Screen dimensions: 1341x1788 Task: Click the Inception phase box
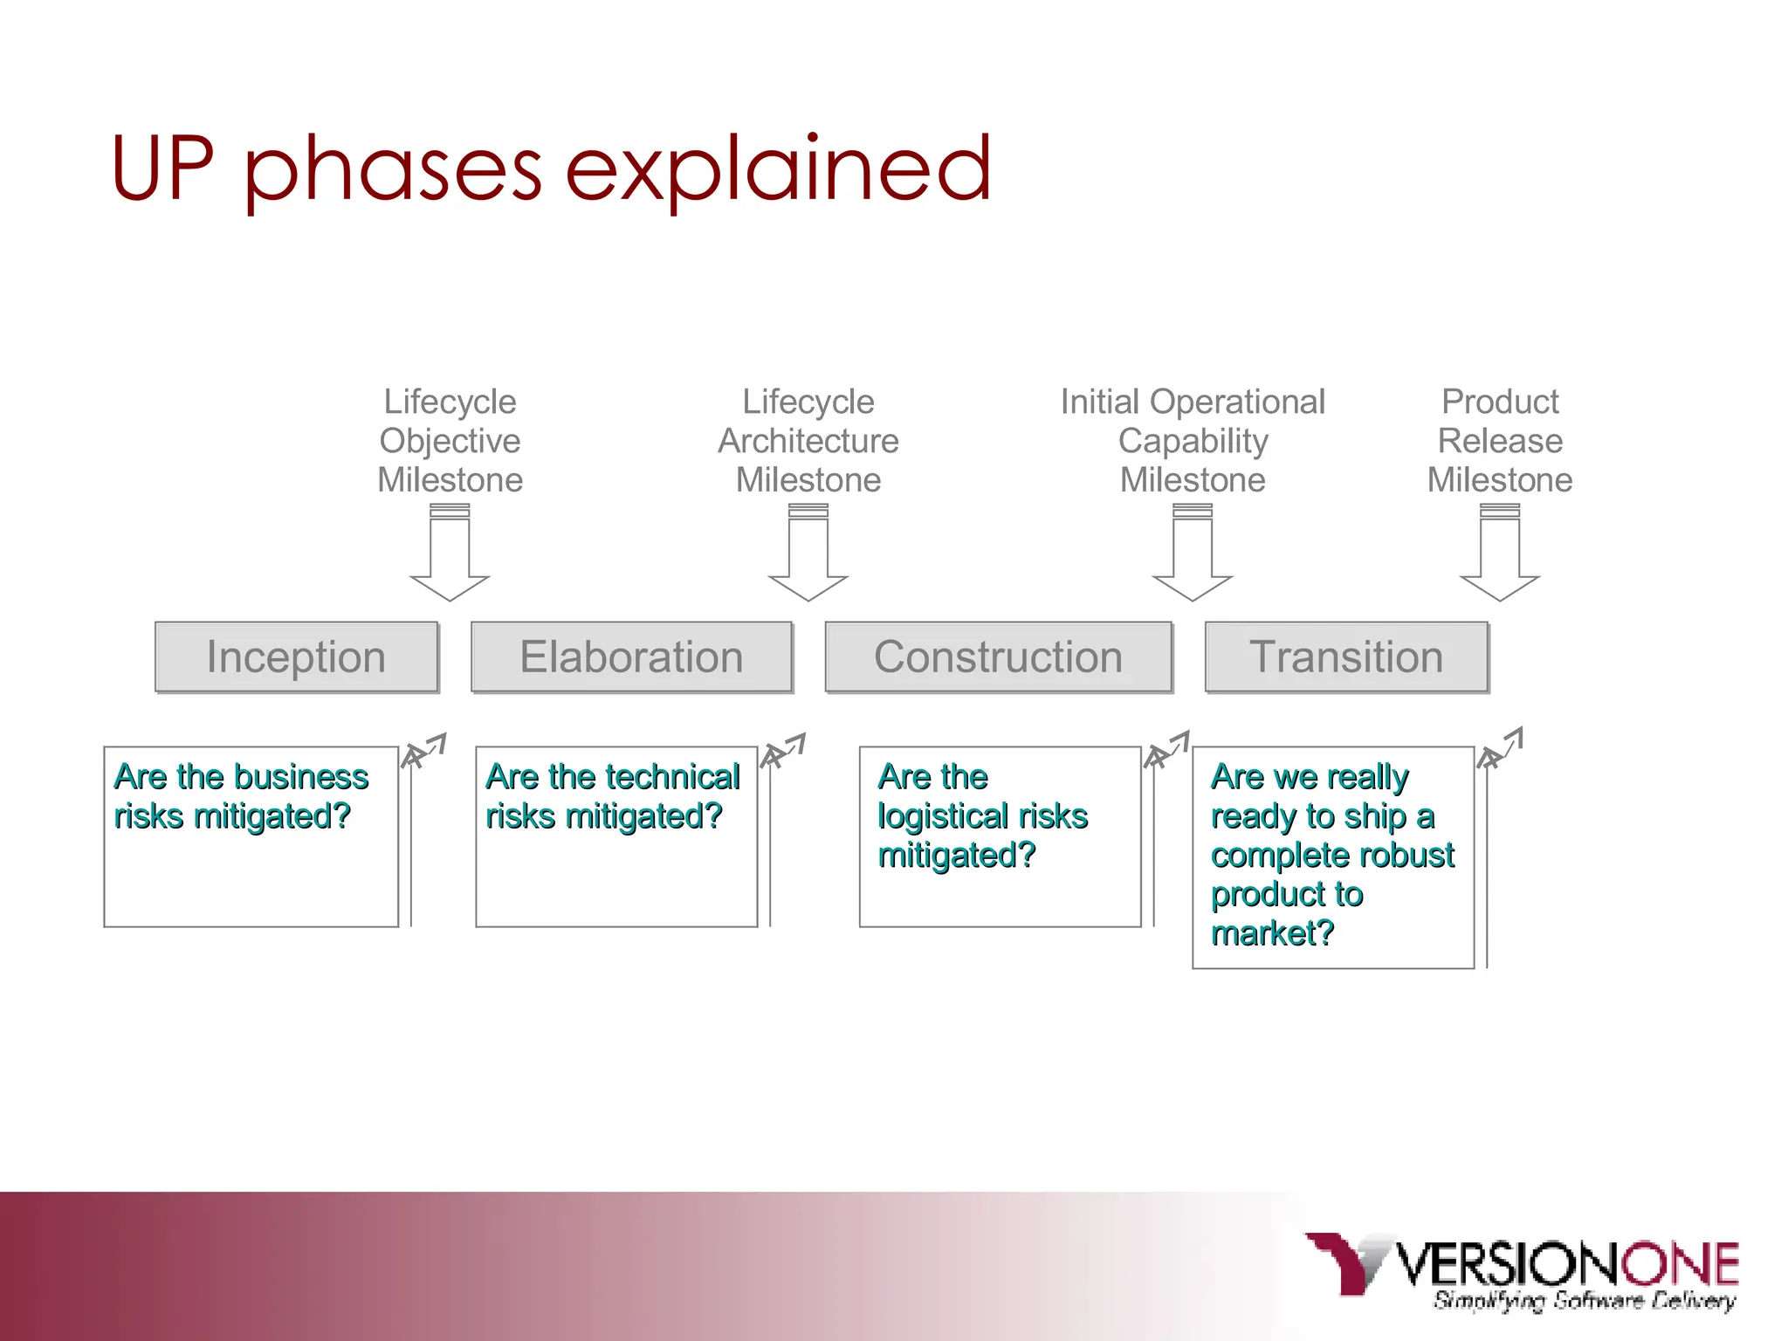pos(296,657)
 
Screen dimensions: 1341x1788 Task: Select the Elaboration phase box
pos(631,657)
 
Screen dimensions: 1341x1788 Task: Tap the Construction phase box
pos(998,657)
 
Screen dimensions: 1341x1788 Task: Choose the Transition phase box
pos(1346,657)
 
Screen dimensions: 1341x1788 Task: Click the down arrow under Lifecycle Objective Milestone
pos(450,555)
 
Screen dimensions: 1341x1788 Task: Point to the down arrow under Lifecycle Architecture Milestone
pos(808,555)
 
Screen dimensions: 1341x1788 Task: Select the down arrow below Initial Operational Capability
pos(1193,555)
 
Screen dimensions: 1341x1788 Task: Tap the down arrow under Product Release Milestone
pos(1500,555)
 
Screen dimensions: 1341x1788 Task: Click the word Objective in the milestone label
pos(450,441)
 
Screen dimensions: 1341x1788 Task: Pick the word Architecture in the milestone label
pos(808,441)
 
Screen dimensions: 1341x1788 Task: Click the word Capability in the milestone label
pos(1193,441)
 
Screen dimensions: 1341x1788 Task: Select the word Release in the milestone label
pos(1500,441)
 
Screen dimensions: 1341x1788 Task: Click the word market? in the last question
pos(1272,933)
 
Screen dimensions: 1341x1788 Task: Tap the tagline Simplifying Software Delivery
pos(1584,1300)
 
